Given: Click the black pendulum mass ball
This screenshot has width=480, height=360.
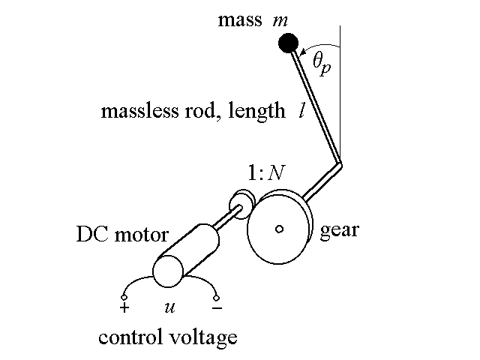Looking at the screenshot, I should (x=285, y=43).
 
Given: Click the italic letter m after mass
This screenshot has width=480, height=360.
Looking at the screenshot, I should (x=282, y=19).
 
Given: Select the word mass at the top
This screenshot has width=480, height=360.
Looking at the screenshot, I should (x=238, y=19).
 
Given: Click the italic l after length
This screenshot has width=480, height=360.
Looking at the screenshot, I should (x=301, y=112).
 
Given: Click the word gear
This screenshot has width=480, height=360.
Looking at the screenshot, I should (x=339, y=229).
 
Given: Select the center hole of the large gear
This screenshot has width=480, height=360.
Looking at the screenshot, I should (x=278, y=229).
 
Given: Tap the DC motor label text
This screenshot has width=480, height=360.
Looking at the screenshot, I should (x=122, y=234).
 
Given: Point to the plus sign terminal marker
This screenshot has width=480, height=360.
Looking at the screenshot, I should (x=124, y=307).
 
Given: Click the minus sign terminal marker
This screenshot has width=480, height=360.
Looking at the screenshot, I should (x=217, y=307).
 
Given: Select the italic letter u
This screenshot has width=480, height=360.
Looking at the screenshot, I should (x=169, y=307).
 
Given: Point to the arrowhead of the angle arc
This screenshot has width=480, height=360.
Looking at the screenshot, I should (x=302, y=52).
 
